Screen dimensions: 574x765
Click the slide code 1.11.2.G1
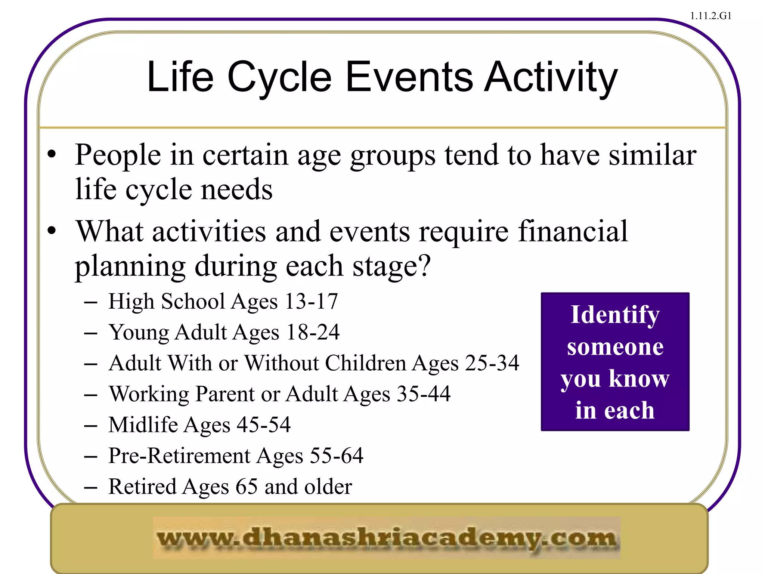coord(710,16)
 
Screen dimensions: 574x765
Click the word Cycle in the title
coord(279,78)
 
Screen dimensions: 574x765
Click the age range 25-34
coord(492,363)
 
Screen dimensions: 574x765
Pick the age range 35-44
coord(424,394)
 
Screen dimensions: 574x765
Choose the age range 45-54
coord(264,425)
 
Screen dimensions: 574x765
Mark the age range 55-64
coord(337,456)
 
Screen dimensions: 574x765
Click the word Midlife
coord(143,425)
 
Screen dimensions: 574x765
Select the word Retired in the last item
coord(142,487)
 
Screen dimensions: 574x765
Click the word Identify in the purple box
coord(615,315)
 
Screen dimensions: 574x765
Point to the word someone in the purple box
coord(615,347)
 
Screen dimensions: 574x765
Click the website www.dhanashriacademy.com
coord(387,538)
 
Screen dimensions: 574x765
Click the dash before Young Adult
coord(91,333)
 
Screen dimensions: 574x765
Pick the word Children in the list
coord(365,363)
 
